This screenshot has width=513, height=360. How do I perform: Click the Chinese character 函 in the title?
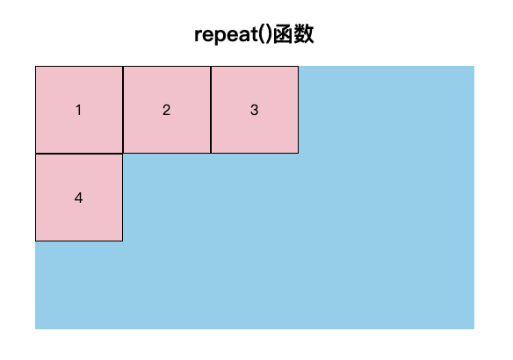pyautogui.click(x=282, y=34)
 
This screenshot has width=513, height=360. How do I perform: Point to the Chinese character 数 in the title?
pyautogui.click(x=304, y=34)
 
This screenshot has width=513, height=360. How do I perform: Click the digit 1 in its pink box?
pyautogui.click(x=78, y=110)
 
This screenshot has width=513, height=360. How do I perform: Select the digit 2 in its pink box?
pyautogui.click(x=166, y=110)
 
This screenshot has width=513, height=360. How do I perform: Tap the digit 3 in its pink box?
pyautogui.click(x=254, y=110)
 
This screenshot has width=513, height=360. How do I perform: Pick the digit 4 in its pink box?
pyautogui.click(x=78, y=198)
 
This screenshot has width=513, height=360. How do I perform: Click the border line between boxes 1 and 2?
pyautogui.click(x=123, y=110)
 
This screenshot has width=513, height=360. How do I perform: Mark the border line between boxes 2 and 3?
pyautogui.click(x=211, y=110)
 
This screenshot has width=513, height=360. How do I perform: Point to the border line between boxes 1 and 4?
pyautogui.click(x=79, y=154)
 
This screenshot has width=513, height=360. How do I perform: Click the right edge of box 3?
pyautogui.click(x=298, y=110)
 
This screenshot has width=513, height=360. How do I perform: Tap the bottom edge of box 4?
pyautogui.click(x=79, y=241)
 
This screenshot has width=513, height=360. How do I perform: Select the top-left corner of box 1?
pyautogui.click(x=36, y=67)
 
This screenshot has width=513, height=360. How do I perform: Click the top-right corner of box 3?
pyautogui.click(x=298, y=67)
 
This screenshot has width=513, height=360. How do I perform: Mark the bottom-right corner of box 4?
pyautogui.click(x=123, y=241)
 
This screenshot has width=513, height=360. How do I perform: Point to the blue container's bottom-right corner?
pyautogui.click(x=474, y=329)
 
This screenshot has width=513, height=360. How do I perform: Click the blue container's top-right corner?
pyautogui.click(x=474, y=66)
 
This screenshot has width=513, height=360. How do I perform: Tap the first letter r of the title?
pyautogui.click(x=199, y=36)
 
